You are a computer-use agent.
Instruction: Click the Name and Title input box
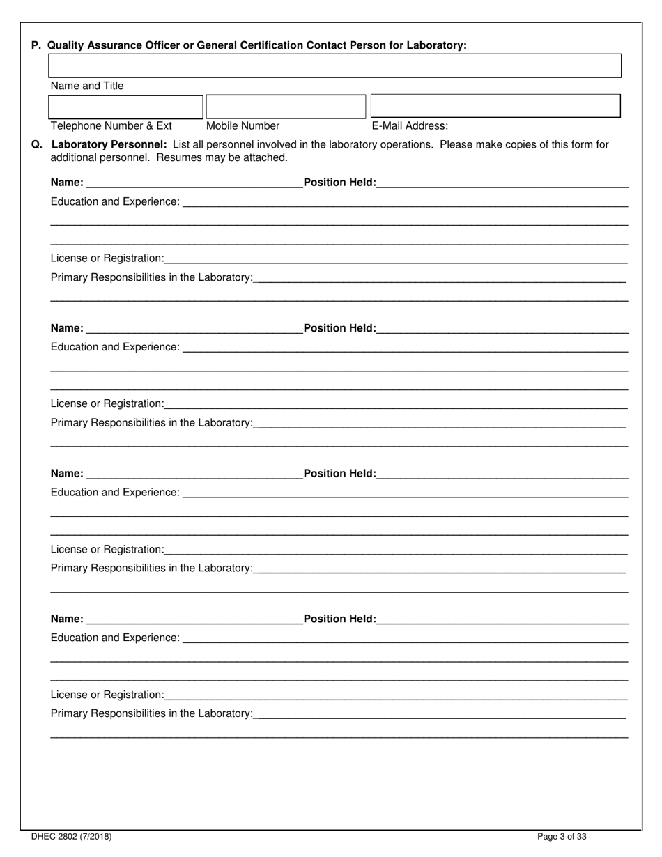coord(334,65)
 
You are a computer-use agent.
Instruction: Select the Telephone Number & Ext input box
coord(125,107)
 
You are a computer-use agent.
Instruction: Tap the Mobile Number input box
coord(286,107)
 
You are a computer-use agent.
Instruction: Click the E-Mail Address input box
coord(495,106)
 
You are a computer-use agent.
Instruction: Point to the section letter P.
coord(36,45)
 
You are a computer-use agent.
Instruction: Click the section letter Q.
coord(36,145)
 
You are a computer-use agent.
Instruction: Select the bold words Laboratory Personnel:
coord(109,145)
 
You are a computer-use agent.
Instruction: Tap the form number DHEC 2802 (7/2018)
coord(71,837)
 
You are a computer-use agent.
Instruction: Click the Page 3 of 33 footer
coord(562,837)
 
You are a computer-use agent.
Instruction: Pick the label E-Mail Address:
coord(410,126)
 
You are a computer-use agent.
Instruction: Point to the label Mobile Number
coord(243,126)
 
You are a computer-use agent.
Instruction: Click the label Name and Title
coord(87,86)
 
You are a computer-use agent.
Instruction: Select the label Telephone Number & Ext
coord(111,126)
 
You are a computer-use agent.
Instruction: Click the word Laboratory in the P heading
coord(437,45)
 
